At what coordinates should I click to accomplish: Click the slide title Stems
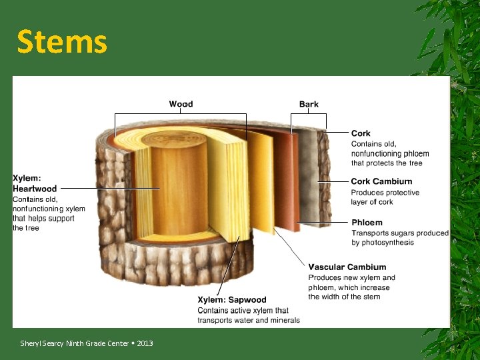(x=61, y=41)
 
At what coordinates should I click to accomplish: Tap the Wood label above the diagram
(x=181, y=104)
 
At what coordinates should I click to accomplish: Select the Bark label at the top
(x=309, y=104)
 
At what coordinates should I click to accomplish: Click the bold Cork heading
(x=361, y=133)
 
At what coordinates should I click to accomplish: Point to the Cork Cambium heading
(x=381, y=181)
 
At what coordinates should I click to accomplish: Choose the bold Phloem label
(x=367, y=222)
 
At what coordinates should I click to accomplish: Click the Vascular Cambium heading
(x=347, y=267)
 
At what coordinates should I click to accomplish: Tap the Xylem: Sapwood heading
(x=231, y=300)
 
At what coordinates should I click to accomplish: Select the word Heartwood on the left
(x=35, y=189)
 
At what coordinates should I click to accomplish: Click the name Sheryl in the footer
(x=31, y=343)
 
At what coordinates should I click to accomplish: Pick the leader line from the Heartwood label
(x=113, y=189)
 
